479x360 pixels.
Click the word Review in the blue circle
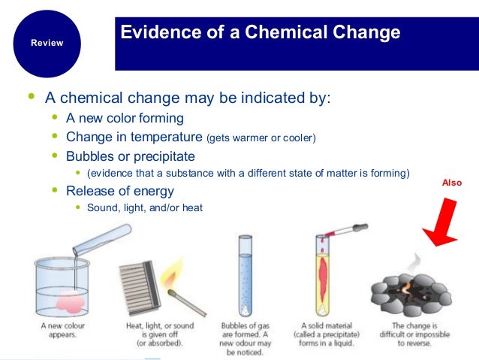[47, 43]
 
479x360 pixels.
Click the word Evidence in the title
[155, 33]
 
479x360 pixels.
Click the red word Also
[451, 183]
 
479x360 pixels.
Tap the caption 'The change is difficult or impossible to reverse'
[409, 336]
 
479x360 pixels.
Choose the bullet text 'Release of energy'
[120, 191]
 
